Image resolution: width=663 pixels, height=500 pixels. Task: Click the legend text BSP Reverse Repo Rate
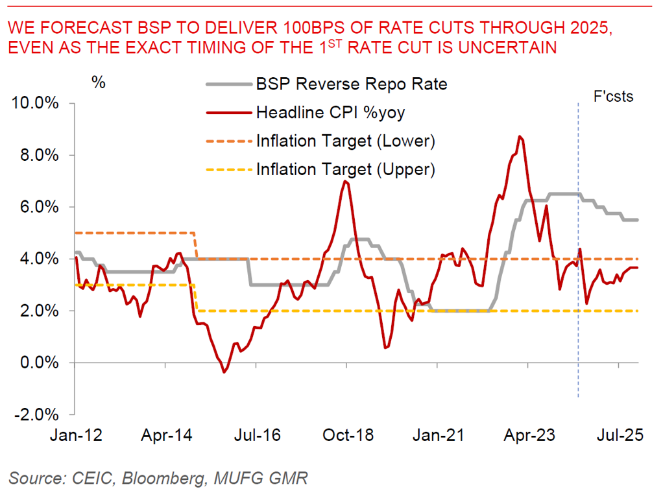[x=352, y=84]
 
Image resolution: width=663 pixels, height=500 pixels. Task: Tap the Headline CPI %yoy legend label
[x=330, y=112]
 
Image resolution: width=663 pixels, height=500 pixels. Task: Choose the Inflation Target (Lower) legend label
[x=345, y=141]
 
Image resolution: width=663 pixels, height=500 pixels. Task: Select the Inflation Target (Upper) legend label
[x=345, y=169]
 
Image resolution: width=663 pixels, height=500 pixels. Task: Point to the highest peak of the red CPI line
[x=520, y=136]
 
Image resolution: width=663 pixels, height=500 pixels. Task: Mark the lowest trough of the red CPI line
[x=224, y=372]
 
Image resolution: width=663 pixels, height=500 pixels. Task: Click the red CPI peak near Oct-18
[x=345, y=181]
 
